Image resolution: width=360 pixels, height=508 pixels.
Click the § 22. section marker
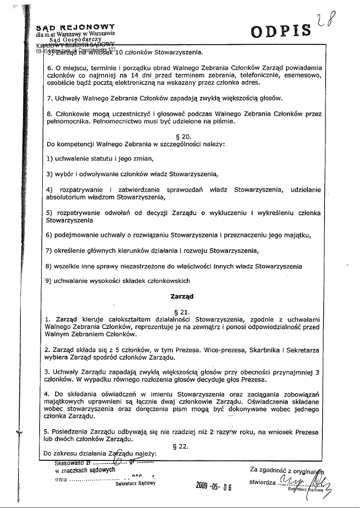pyautogui.click(x=180, y=446)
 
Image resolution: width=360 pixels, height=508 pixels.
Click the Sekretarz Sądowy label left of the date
pyautogui.click(x=136, y=483)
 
